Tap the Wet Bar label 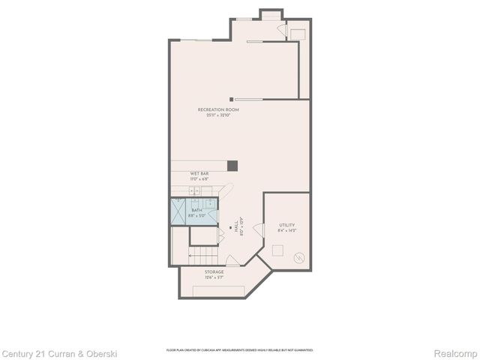click(x=199, y=173)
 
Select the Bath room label click(x=196, y=211)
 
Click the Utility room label click(x=286, y=225)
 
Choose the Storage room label click(x=214, y=272)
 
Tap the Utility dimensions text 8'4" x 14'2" click(x=287, y=230)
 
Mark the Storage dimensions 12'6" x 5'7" click(x=214, y=277)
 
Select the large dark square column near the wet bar click(x=232, y=166)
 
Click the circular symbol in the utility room click(x=300, y=259)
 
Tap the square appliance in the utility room click(x=297, y=33)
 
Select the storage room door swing click(x=233, y=260)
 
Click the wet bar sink click(x=194, y=191)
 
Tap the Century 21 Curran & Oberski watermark click(x=59, y=352)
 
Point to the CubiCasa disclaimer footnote click(x=240, y=350)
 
